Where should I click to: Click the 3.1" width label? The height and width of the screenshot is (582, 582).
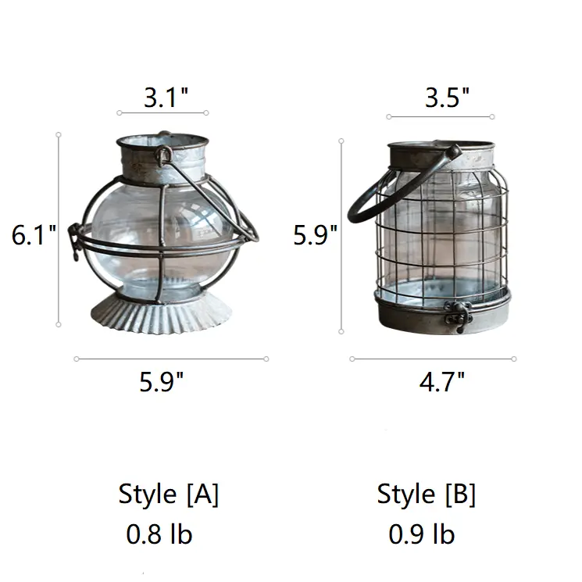pyautogui.click(x=166, y=98)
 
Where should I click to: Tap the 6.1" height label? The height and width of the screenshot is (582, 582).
pyautogui.click(x=34, y=235)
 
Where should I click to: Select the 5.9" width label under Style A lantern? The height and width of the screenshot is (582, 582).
pyautogui.click(x=162, y=381)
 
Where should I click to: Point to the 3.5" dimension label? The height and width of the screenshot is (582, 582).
pyautogui.click(x=447, y=98)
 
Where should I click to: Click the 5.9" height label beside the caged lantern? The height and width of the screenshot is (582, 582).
pyautogui.click(x=315, y=235)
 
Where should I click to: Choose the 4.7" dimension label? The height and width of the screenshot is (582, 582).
pyautogui.click(x=441, y=381)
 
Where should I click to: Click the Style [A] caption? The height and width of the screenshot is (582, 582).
pyautogui.click(x=169, y=495)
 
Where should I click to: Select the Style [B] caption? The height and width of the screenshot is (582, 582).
pyautogui.click(x=426, y=495)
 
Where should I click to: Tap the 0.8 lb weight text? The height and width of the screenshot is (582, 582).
pyautogui.click(x=159, y=534)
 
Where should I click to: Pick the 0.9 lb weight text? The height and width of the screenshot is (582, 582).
pyautogui.click(x=422, y=534)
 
